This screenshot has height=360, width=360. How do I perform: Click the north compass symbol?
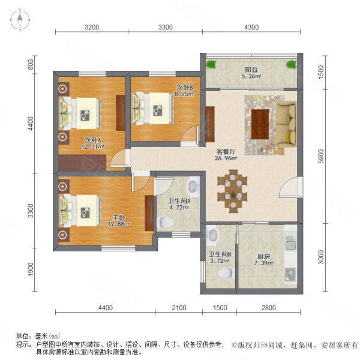pos(19,21)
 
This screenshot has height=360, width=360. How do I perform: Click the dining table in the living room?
pos(232,190)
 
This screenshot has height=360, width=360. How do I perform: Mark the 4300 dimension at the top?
pos(251,27)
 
